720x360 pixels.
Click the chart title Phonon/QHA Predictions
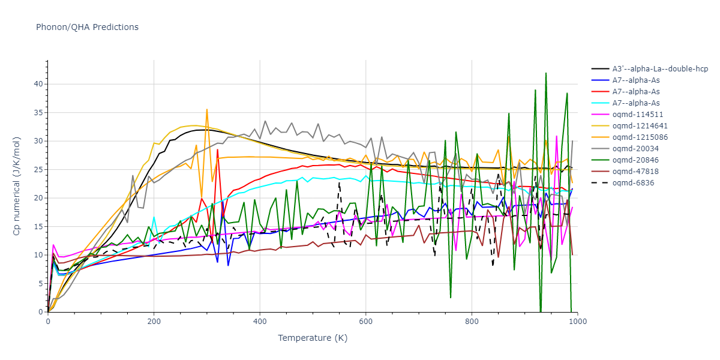click(87, 27)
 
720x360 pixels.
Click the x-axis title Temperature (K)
click(312, 338)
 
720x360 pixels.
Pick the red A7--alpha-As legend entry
click(636, 92)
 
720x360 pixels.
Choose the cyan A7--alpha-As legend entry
click(636, 103)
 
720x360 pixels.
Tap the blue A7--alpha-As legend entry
click(636, 80)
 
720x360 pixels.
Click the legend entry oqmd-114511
click(634, 115)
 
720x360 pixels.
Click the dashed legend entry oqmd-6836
click(630, 183)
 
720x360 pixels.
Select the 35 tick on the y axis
click(38, 112)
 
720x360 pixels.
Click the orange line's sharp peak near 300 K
click(207, 109)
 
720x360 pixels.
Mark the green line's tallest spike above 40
click(546, 73)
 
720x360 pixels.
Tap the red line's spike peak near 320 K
click(217, 149)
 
